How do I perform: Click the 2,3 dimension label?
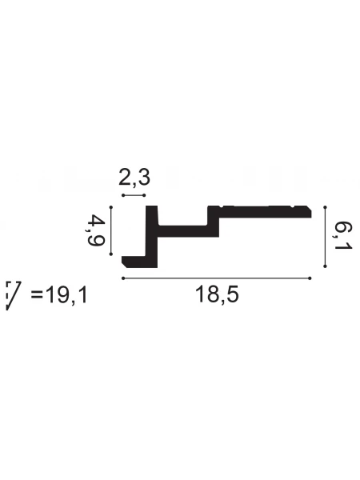click(134, 178)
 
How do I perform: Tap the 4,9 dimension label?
click(95, 230)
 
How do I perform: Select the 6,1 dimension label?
click(343, 236)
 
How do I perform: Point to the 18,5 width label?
click(217, 294)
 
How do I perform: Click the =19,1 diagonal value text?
click(59, 295)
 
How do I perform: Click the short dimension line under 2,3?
click(134, 195)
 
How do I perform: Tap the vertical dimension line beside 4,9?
click(111, 231)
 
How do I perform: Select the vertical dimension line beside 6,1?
click(326, 237)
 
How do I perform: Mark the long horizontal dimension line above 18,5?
click(217, 278)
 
